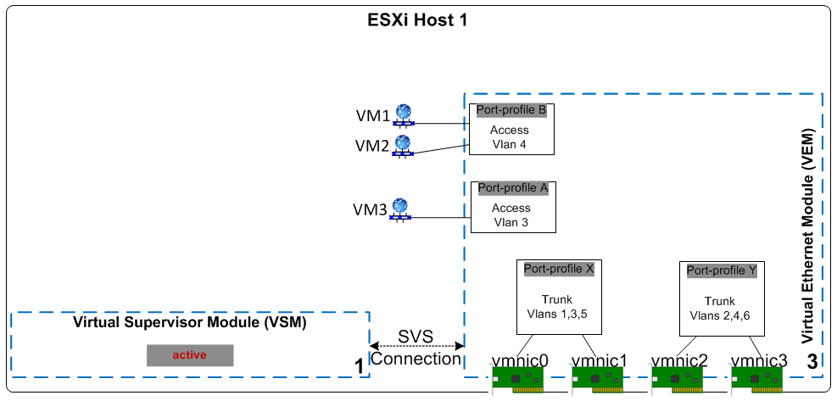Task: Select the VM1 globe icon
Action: [x=403, y=113]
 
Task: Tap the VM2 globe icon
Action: [x=403, y=144]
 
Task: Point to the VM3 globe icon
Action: [x=400, y=208]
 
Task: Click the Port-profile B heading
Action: [x=511, y=110]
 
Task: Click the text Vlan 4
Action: [x=510, y=144]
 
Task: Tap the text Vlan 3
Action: [x=511, y=222]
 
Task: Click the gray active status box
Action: [x=189, y=354]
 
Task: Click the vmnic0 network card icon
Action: [x=519, y=380]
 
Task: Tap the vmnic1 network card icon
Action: [x=599, y=380]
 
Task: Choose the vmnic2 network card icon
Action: [x=678, y=380]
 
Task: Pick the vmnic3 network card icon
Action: [x=758, y=380]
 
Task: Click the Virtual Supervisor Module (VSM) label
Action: [x=189, y=322]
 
